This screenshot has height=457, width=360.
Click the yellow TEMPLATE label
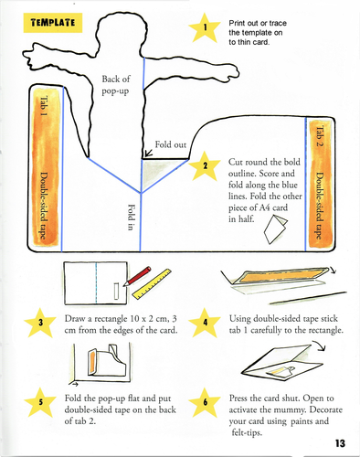tap(53, 23)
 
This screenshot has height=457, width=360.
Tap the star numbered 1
tap(205, 27)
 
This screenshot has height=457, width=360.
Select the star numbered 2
tap(205, 165)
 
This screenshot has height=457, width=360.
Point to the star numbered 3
tap(40, 323)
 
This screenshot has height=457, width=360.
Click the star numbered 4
tap(205, 323)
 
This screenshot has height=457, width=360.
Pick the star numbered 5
tap(40, 403)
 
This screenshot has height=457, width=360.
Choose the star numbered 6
tap(205, 403)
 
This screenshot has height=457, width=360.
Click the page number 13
tap(340, 443)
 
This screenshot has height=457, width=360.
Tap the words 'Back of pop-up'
tap(116, 85)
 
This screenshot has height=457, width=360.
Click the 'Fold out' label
tap(170, 144)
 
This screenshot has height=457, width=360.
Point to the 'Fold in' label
tap(131, 218)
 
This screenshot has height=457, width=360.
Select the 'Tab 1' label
tap(44, 106)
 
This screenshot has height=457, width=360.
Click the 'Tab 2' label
tap(319, 136)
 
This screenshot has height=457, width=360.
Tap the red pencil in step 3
tap(137, 276)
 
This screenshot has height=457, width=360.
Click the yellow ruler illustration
tap(152, 284)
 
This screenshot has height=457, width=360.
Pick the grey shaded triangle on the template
tap(157, 172)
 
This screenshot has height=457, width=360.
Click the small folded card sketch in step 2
tap(275, 229)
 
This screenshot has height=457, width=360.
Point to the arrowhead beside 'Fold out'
tap(148, 153)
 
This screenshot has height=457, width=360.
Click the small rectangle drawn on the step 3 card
tap(117, 292)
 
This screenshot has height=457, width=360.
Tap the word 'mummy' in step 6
tap(290, 410)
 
